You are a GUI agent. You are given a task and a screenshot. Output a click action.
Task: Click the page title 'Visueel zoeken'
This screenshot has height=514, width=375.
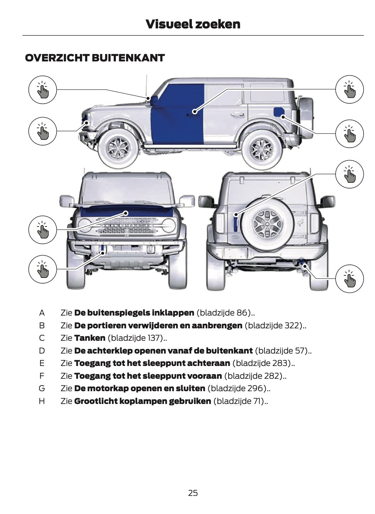pyautogui.click(x=193, y=24)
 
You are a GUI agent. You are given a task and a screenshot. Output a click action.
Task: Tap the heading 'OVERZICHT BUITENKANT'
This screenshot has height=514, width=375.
pyautogui.click(x=95, y=58)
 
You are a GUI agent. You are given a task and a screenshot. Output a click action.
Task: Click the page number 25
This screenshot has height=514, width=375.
pyautogui.click(x=193, y=493)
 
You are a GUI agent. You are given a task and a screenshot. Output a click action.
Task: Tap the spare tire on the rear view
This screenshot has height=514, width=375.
pyautogui.click(x=267, y=222)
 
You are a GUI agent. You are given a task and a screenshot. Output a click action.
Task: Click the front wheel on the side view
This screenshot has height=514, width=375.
pyautogui.click(x=119, y=147)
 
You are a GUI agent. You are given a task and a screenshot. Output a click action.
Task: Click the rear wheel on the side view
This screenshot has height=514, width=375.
pyautogui.click(x=262, y=149)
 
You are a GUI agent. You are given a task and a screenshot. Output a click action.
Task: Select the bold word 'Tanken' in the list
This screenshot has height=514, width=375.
pyautogui.click(x=90, y=338)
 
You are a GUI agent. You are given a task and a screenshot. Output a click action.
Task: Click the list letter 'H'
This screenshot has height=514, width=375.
pyautogui.click(x=42, y=401)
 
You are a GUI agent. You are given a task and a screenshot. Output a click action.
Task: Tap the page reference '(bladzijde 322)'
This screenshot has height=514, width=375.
pyautogui.click(x=274, y=325)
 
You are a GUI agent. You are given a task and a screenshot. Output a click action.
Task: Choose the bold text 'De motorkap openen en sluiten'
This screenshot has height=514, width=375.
pyautogui.click(x=140, y=388)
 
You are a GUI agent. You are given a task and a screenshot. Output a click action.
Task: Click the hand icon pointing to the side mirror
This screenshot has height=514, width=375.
pyautogui.click(x=43, y=89)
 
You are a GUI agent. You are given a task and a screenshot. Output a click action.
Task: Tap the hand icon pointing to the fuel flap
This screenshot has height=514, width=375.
pyautogui.click(x=349, y=133)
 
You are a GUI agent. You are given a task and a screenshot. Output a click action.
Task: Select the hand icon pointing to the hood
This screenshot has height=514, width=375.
pyautogui.click(x=43, y=229)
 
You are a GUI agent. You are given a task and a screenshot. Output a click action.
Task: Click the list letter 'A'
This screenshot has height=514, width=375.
pyautogui.click(x=42, y=313)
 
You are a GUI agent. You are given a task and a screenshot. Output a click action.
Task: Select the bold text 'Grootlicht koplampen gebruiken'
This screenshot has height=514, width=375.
pyautogui.click(x=143, y=401)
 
